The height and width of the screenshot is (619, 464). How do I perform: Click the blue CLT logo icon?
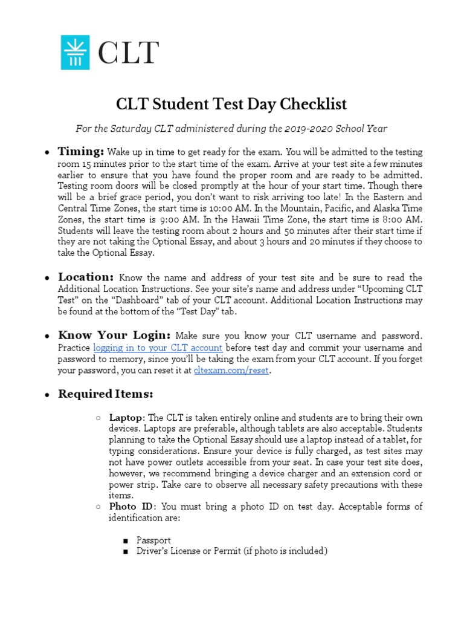coord(75,52)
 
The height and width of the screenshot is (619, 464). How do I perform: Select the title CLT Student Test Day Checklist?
coord(231,105)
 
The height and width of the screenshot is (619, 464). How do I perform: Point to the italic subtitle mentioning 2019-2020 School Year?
coord(231,128)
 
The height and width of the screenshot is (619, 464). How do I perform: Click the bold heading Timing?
coord(81,151)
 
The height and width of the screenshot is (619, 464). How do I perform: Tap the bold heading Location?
coord(86,277)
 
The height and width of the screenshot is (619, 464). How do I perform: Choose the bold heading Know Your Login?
coord(114,335)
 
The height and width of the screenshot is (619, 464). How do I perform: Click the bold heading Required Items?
coord(105,394)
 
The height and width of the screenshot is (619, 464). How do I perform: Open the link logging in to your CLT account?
coord(158,348)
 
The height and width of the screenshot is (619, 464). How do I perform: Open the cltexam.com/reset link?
coord(231,371)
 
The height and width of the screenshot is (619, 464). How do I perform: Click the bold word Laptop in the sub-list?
coord(126,418)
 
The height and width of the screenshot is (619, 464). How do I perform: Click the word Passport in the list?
coord(153,540)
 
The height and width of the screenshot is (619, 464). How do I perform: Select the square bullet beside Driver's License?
coord(125,551)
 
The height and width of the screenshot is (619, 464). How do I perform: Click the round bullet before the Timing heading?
coord(47,152)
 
